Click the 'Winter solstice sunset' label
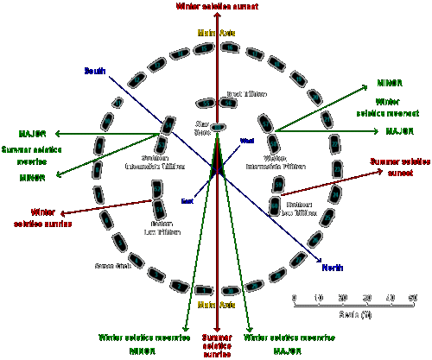217,6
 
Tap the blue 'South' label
94,70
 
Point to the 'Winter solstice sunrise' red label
42,217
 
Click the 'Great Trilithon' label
246,93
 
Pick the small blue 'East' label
187,201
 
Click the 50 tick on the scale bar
413,298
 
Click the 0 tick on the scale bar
295,298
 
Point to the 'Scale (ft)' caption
355,313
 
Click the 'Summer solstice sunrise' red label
217,343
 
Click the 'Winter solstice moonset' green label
386,108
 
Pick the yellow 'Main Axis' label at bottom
217,306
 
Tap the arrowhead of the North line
321,261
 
